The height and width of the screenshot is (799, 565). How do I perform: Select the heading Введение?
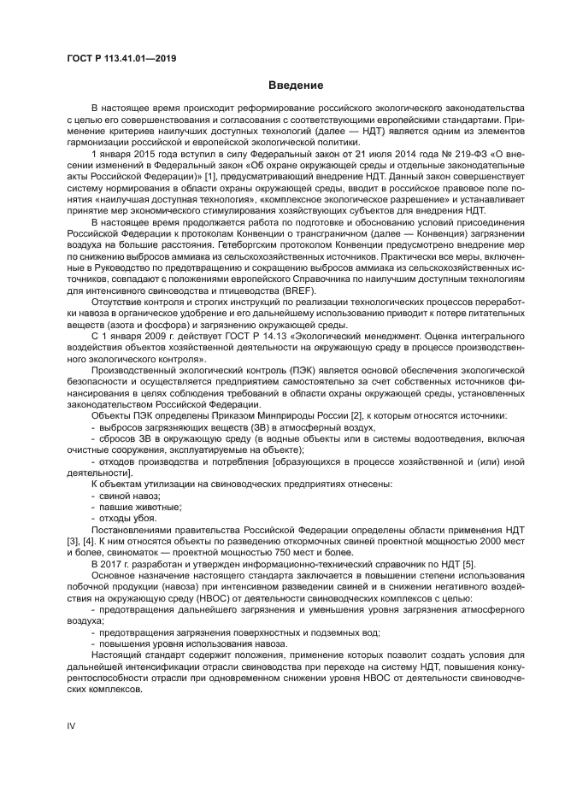click(x=296, y=85)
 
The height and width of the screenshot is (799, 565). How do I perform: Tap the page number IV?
click(x=72, y=725)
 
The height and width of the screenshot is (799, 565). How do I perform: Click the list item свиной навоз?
click(x=129, y=496)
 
